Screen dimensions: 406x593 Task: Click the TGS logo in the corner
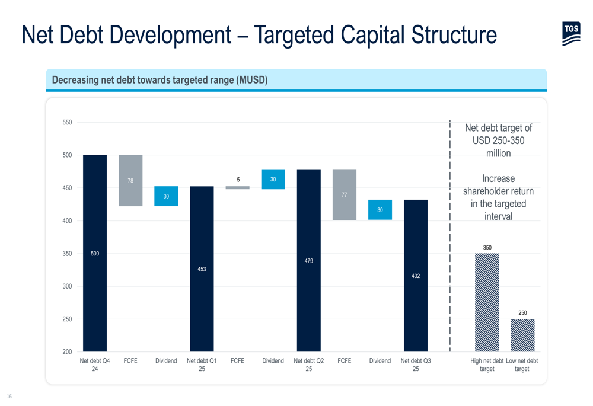(x=571, y=34)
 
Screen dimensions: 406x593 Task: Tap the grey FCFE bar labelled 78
(x=130, y=181)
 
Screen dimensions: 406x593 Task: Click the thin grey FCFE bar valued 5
(x=237, y=187)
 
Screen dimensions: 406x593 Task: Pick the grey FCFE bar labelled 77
(x=345, y=194)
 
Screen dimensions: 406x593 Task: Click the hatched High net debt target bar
(x=487, y=302)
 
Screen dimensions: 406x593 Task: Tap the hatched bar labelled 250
(x=522, y=335)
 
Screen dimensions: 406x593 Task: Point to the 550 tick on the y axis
(x=67, y=123)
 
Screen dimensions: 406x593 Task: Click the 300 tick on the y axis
(x=67, y=286)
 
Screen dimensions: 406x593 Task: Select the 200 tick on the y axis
(x=67, y=351)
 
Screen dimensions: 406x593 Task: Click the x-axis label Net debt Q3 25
(x=416, y=365)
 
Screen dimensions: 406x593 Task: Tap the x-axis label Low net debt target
(x=522, y=365)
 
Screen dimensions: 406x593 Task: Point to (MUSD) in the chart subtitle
(x=252, y=80)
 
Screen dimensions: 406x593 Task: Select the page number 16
(x=9, y=396)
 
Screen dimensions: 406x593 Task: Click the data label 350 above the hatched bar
(x=487, y=248)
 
